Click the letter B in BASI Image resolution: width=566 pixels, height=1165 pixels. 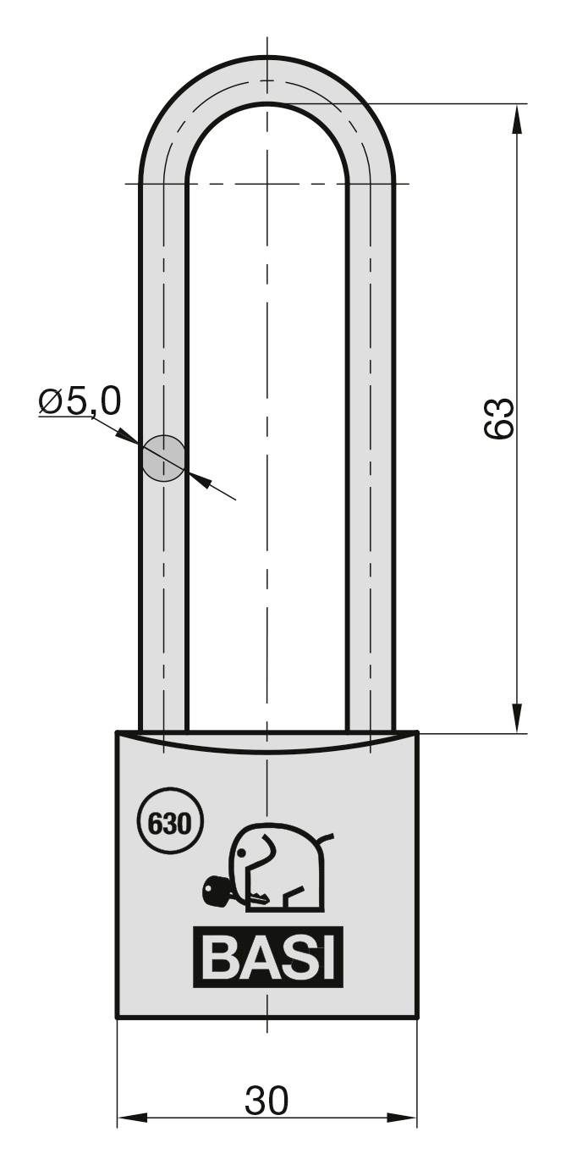tap(221, 960)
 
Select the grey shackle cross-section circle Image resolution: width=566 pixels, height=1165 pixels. tap(162, 458)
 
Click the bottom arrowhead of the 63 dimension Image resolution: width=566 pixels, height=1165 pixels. tap(515, 721)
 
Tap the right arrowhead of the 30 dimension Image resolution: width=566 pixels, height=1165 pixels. tap(405, 1118)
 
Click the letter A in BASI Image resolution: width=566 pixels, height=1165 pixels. tap(257, 960)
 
